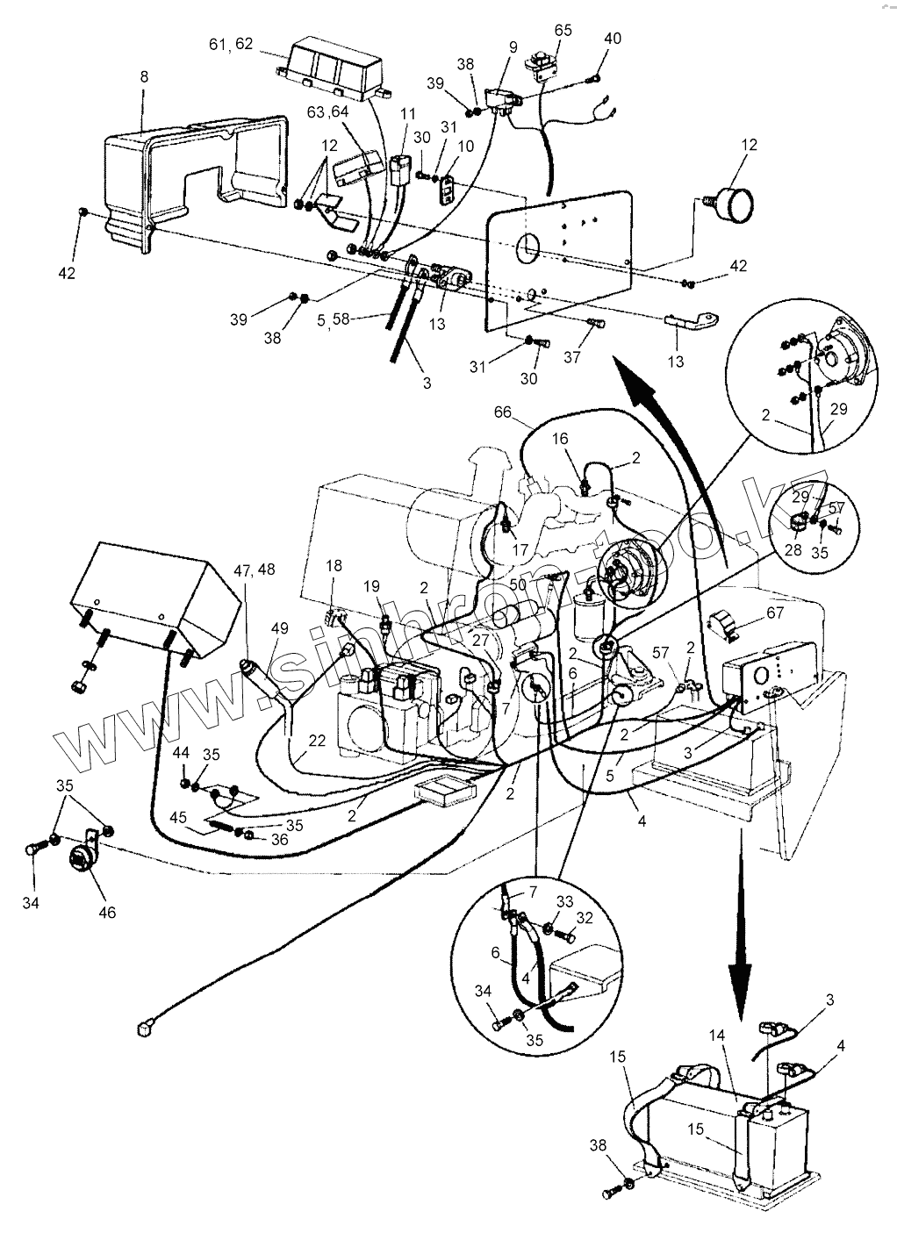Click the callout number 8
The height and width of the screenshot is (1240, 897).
click(x=144, y=76)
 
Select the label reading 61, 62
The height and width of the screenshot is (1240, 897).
click(x=231, y=44)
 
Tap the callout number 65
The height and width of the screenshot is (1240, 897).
click(x=563, y=30)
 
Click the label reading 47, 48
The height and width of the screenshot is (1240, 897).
click(x=255, y=570)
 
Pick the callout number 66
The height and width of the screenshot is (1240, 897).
click(x=504, y=412)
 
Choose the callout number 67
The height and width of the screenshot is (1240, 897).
click(x=775, y=613)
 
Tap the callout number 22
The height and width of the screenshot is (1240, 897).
click(x=317, y=740)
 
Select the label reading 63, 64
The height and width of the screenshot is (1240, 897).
click(x=327, y=111)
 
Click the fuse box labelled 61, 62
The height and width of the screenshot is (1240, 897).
click(x=331, y=68)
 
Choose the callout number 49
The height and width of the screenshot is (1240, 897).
click(x=280, y=628)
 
